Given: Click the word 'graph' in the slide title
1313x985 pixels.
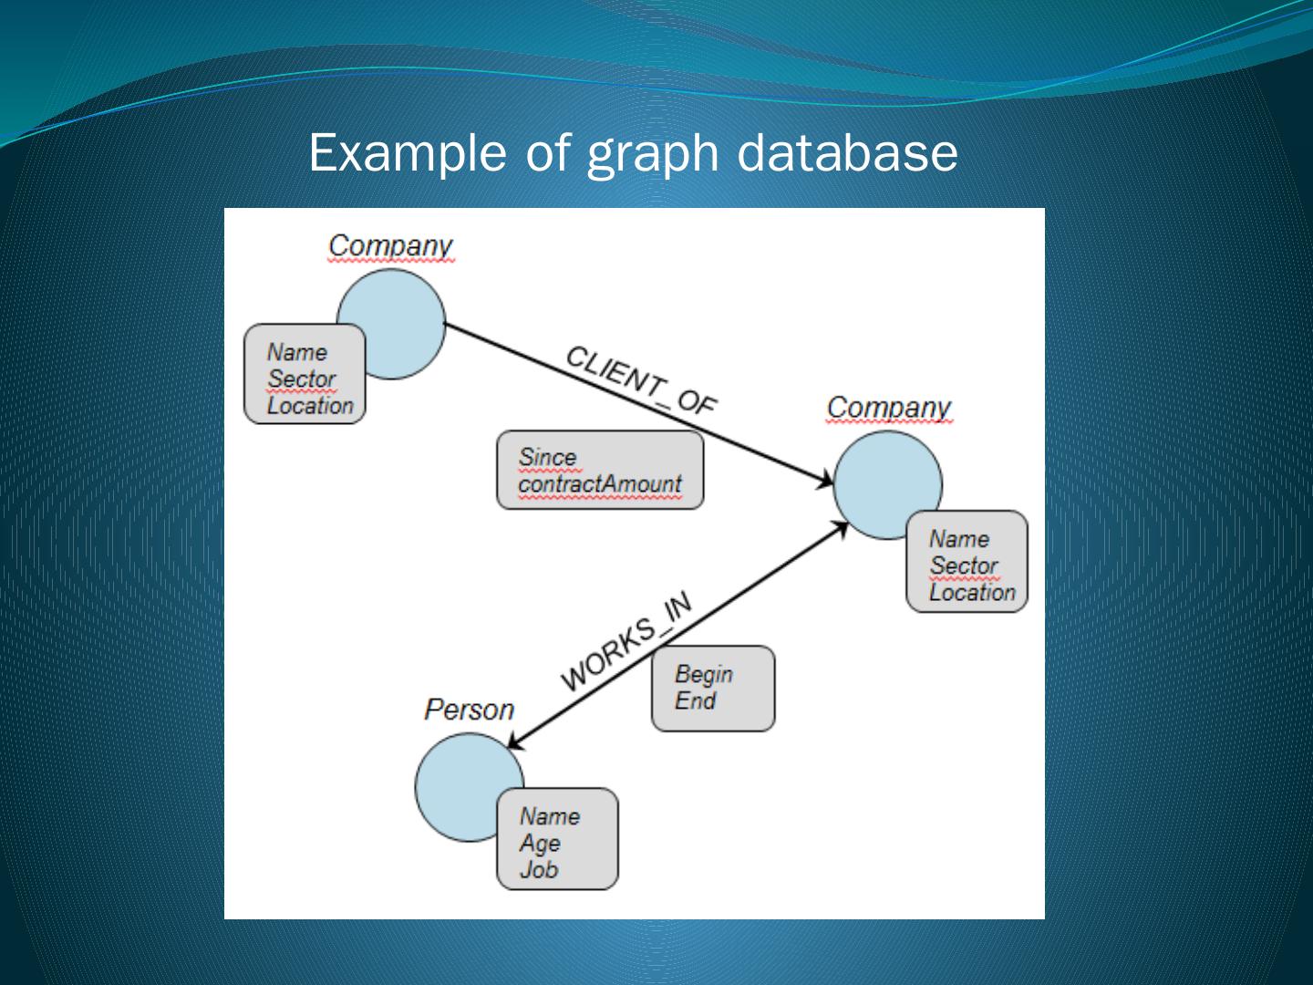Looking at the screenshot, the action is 652,153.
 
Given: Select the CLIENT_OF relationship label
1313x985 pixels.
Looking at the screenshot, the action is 641,380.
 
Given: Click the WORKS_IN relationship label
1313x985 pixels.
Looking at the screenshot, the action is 625,640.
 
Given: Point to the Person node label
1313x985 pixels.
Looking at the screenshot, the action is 469,710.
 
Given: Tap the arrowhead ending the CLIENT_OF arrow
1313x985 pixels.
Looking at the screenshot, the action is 825,481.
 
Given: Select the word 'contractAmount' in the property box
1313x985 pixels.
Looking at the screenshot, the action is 599,483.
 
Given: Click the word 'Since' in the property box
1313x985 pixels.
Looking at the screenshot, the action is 547,457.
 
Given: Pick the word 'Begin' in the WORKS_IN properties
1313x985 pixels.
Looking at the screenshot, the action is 703,674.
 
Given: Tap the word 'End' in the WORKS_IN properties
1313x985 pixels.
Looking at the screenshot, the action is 695,700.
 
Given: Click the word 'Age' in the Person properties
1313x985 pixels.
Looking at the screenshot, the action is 540,843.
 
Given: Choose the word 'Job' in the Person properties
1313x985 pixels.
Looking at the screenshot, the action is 538,869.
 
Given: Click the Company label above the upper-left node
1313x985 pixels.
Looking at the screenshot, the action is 390,245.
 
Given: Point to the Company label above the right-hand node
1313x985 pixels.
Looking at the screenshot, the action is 888,408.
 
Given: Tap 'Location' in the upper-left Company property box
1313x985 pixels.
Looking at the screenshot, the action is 310,405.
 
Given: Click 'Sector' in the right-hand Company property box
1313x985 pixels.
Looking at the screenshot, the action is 964,565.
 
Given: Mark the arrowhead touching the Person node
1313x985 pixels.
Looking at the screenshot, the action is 514,742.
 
